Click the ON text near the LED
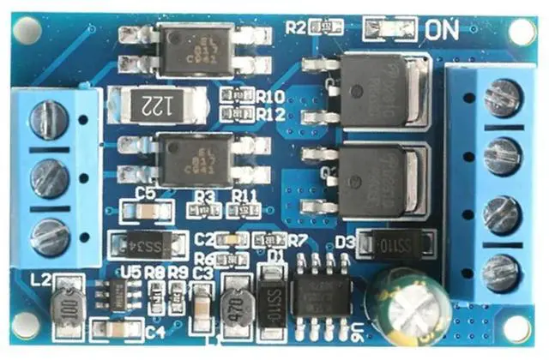[443, 29]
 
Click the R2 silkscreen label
[296, 27]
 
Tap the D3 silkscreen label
[344, 242]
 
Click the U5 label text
[131, 272]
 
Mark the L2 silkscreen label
[40, 278]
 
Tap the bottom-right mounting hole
[517, 327]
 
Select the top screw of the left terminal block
[48, 119]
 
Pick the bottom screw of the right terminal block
[502, 272]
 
